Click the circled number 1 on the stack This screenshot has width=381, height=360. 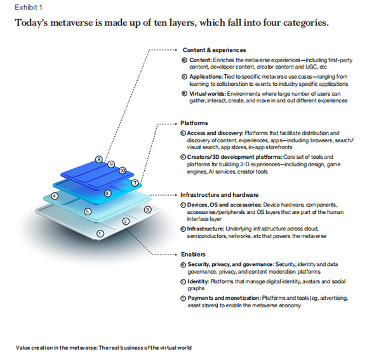tap(100, 234)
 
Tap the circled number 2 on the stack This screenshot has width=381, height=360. tap(126, 221)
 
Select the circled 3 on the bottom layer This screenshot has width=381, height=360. tap(147, 209)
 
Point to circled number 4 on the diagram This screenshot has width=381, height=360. tap(55, 196)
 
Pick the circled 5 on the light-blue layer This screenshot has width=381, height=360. tap(88, 211)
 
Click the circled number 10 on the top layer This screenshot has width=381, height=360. tap(123, 171)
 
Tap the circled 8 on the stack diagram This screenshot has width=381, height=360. tap(99, 159)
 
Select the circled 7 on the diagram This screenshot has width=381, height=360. tap(135, 183)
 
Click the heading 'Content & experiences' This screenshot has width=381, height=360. tap(214, 50)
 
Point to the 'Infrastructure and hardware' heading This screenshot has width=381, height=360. tap(219, 195)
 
